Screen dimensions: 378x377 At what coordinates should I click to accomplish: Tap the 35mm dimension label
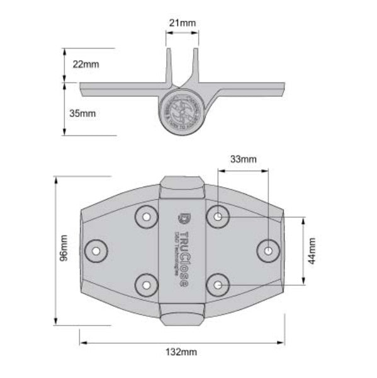(x=83, y=113)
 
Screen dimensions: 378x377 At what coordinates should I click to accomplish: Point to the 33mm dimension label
(x=243, y=159)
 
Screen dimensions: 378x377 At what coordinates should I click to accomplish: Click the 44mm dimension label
(x=313, y=251)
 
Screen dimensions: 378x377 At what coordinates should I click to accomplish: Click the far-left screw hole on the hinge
(x=96, y=249)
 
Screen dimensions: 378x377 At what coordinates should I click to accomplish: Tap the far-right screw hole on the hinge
(x=268, y=249)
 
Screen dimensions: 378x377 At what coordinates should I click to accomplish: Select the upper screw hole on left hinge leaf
(x=146, y=217)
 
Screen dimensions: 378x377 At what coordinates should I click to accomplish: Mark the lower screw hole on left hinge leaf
(x=146, y=285)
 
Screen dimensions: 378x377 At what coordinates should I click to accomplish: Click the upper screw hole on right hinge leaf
(x=218, y=217)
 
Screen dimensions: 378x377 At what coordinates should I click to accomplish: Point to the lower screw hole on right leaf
(x=218, y=285)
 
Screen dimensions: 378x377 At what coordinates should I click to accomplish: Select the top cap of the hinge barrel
(x=183, y=187)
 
